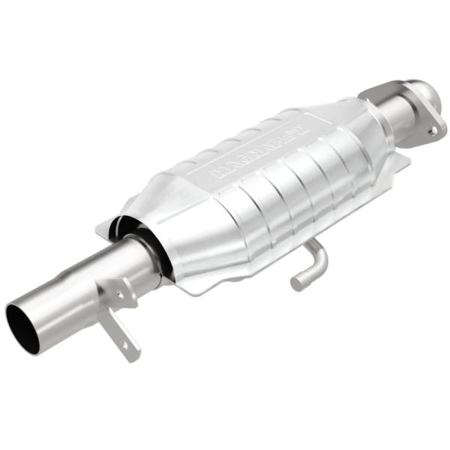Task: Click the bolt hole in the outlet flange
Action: [432, 130]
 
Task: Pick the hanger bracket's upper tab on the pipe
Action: [112, 289]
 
